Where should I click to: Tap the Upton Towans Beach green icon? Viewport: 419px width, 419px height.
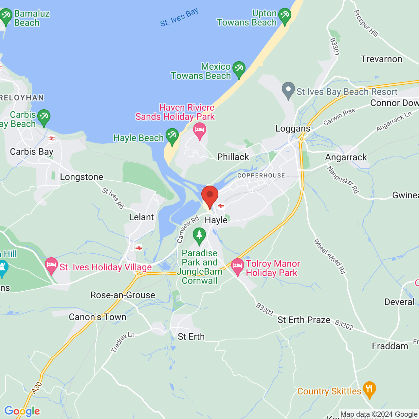284,16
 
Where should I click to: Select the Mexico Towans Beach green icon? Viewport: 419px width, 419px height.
239,69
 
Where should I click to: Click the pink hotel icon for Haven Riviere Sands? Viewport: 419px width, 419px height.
199,131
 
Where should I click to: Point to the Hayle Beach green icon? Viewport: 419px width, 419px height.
172,136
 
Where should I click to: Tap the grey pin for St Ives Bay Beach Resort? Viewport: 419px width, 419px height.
288,90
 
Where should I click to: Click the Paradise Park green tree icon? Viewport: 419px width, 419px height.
199,236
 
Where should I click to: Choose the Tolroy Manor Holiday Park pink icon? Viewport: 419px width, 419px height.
237,266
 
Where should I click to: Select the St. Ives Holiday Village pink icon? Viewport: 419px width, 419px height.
51,265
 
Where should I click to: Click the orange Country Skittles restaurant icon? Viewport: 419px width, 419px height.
369,390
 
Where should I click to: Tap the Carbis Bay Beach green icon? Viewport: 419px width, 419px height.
44,117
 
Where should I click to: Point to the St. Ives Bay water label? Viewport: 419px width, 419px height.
179,18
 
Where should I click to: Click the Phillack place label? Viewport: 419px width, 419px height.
233,157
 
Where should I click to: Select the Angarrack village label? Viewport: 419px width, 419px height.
346,157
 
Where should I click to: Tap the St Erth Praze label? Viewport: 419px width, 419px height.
304,320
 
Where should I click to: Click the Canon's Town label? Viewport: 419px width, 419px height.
98,317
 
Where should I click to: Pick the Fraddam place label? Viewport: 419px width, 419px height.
390,346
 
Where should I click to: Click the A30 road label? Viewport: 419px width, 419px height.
37,388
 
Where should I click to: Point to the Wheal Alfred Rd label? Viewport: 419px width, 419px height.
330,256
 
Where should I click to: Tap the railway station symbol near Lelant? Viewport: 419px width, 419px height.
139,248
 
